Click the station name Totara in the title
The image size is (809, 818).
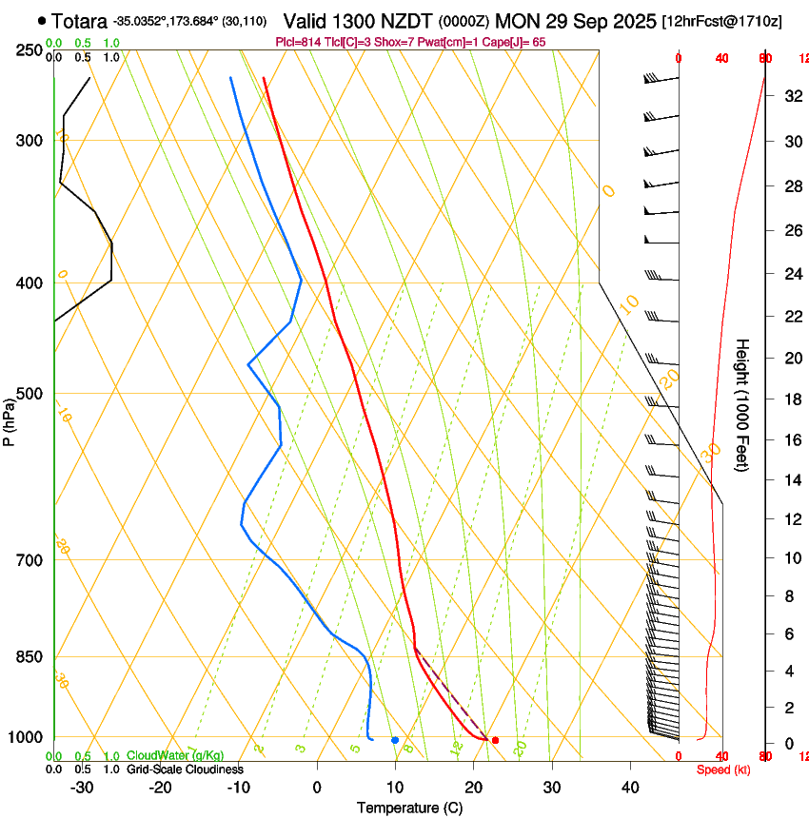[x=79, y=20]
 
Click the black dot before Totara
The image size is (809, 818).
[x=42, y=20]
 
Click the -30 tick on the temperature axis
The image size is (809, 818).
[x=82, y=787]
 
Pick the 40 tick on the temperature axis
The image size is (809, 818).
[x=629, y=787]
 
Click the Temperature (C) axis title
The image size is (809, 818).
[x=409, y=808]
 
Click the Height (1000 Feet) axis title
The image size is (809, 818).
[x=743, y=404]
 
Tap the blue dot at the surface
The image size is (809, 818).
[x=395, y=740]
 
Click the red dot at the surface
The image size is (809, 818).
[x=495, y=740]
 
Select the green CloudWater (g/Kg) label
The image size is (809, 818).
[x=175, y=756]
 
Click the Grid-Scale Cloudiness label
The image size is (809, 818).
[x=185, y=769]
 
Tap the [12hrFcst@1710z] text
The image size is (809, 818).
[x=721, y=20]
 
